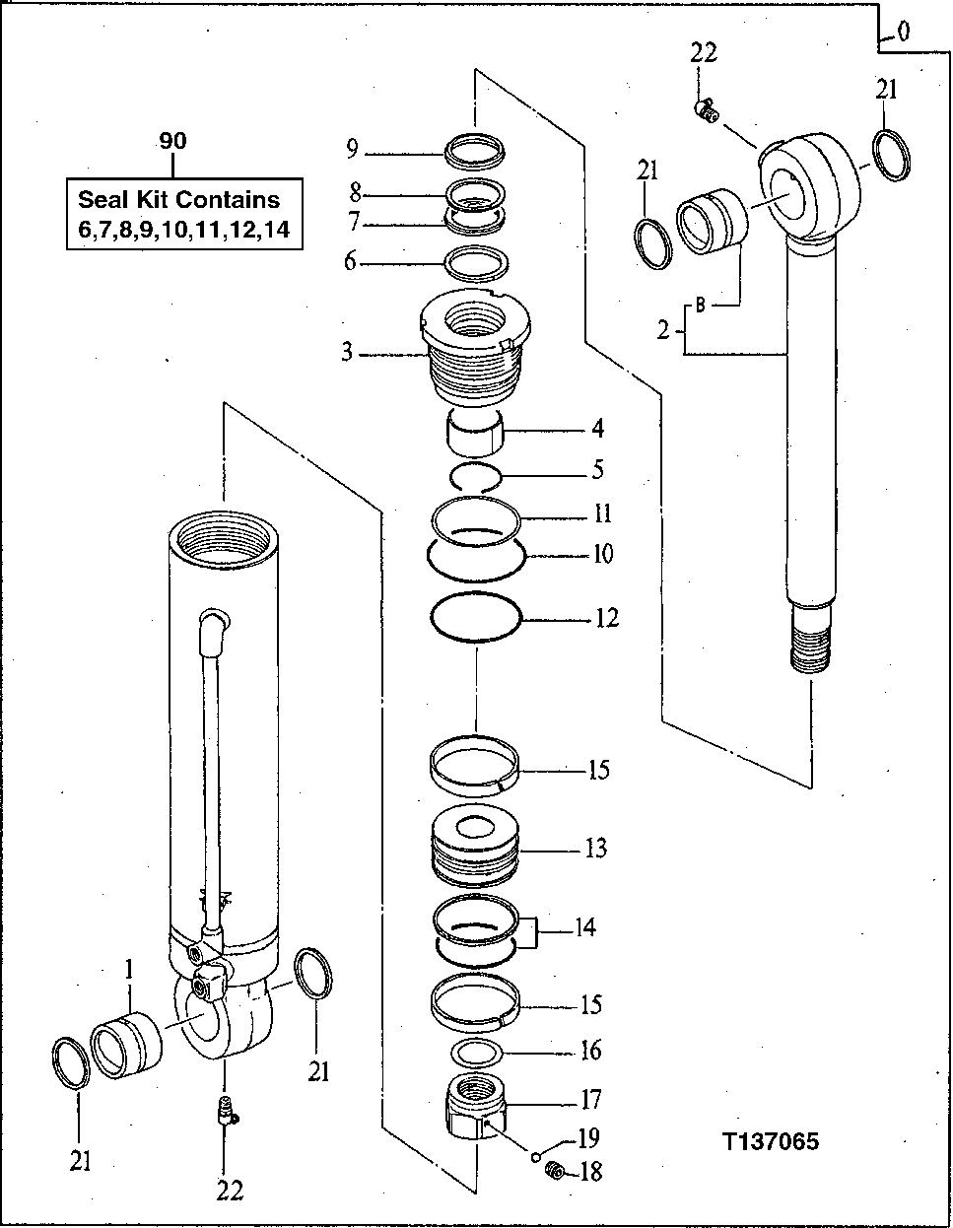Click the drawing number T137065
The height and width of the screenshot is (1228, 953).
click(x=770, y=1142)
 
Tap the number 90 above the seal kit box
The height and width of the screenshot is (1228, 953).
click(x=172, y=142)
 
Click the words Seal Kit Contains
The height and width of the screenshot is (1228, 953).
click(x=178, y=199)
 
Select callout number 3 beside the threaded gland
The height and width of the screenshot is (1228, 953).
click(x=347, y=352)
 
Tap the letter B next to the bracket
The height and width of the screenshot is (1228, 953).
click(x=701, y=306)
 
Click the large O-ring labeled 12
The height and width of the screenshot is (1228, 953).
click(x=476, y=619)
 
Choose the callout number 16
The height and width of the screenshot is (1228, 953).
click(x=589, y=1051)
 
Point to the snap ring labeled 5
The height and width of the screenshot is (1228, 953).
click(x=477, y=477)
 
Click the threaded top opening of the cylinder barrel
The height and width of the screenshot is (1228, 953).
click(x=224, y=536)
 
